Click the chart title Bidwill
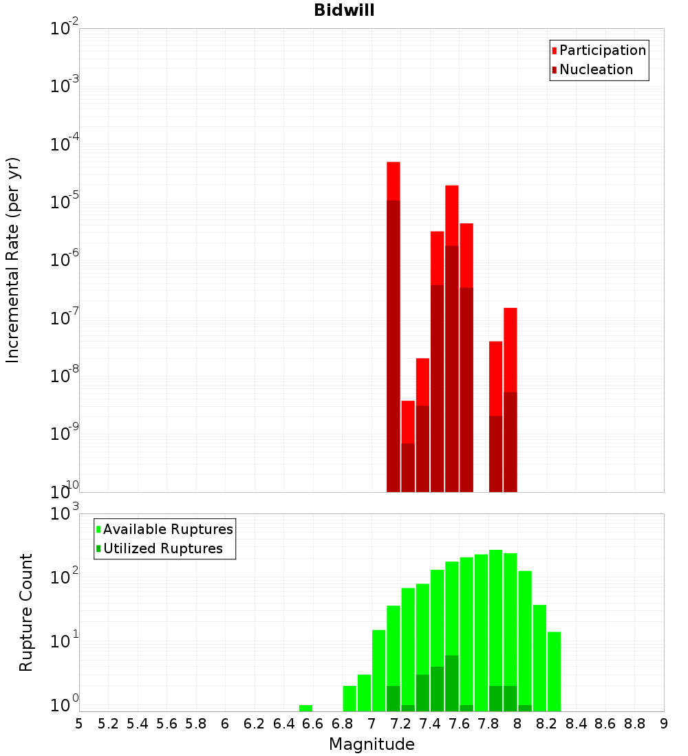click(344, 10)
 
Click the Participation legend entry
click(602, 50)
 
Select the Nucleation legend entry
click(595, 69)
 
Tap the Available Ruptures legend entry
click(167, 529)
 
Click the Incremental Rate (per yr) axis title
click(13, 260)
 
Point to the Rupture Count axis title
click(26, 612)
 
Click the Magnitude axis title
click(372, 744)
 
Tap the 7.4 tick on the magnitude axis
click(430, 724)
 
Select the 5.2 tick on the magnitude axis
click(108, 724)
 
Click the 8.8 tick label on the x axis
click(634, 724)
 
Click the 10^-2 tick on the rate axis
click(65, 29)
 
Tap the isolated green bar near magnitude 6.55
click(305, 708)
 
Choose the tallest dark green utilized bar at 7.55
click(451, 683)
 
